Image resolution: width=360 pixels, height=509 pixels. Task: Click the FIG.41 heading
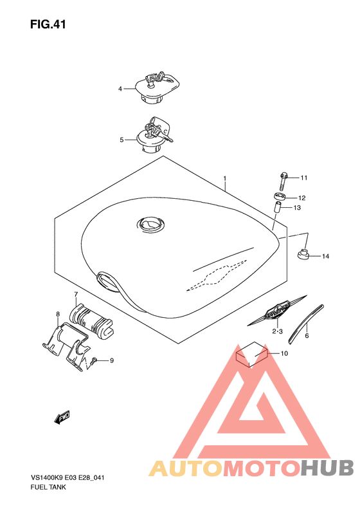[x=48, y=24]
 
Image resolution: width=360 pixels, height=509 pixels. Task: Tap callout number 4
[x=120, y=89]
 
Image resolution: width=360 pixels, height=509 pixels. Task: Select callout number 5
[x=122, y=140]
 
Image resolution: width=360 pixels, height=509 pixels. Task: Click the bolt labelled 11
[x=282, y=181]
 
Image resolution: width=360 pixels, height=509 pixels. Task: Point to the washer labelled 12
[x=280, y=197]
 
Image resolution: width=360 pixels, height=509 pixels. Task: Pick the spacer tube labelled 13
[x=277, y=208]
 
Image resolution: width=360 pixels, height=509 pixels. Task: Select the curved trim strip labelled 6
[x=306, y=324]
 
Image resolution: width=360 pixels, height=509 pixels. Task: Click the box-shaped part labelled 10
[x=251, y=354]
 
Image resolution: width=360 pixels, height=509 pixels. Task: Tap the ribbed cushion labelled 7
[x=91, y=320]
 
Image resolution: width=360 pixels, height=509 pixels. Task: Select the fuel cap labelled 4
[x=157, y=88]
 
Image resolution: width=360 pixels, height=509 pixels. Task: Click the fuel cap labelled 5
[x=154, y=136]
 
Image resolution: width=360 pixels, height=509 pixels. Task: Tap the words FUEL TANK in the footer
[x=48, y=487]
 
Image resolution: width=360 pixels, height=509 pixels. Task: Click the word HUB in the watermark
[x=327, y=468]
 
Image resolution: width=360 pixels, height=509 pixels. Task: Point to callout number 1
[x=224, y=178]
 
